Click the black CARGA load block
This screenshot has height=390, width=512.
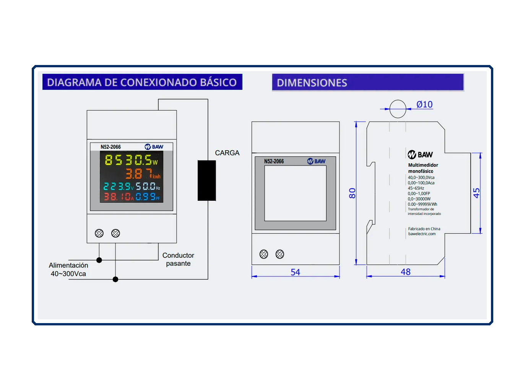click(x=206, y=180)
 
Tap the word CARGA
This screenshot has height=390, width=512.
click(x=227, y=153)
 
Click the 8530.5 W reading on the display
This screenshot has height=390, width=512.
click(x=131, y=160)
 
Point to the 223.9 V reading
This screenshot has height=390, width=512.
click(x=118, y=186)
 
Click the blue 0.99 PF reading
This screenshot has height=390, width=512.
click(x=148, y=197)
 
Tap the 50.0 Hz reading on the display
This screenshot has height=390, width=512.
click(x=148, y=186)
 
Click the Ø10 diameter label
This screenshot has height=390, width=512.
click(x=424, y=104)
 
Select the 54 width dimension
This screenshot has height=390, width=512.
click(x=295, y=272)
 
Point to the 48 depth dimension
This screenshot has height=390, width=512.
click(x=406, y=272)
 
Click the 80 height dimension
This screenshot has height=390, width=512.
click(x=352, y=193)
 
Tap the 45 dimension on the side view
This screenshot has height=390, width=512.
click(x=476, y=193)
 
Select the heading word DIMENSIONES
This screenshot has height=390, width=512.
click(x=312, y=83)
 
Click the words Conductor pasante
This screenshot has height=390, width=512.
click(x=178, y=259)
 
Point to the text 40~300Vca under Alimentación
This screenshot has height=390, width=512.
click(x=68, y=274)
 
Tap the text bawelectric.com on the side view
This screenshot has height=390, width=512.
click(x=422, y=234)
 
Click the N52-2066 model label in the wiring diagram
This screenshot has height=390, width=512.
click(x=111, y=147)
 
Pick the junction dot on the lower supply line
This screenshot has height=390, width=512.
click(x=115, y=279)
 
